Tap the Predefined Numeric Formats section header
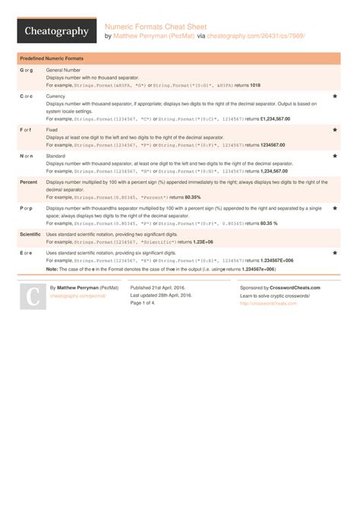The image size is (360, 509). coord(52,58)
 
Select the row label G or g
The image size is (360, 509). coord(27,70)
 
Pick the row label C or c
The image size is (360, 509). coord(27,96)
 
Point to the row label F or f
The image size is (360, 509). coord(26,130)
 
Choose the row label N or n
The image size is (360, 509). coord(27,156)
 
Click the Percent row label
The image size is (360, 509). coord(29,182)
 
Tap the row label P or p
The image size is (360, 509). coord(27,208)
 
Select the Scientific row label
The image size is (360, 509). coord(31,235)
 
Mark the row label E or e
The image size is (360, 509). coord(27,253)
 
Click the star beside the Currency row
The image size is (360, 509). coord(335,97)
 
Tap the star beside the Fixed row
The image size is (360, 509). coord(335,130)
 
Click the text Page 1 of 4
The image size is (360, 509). coord(147,303)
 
